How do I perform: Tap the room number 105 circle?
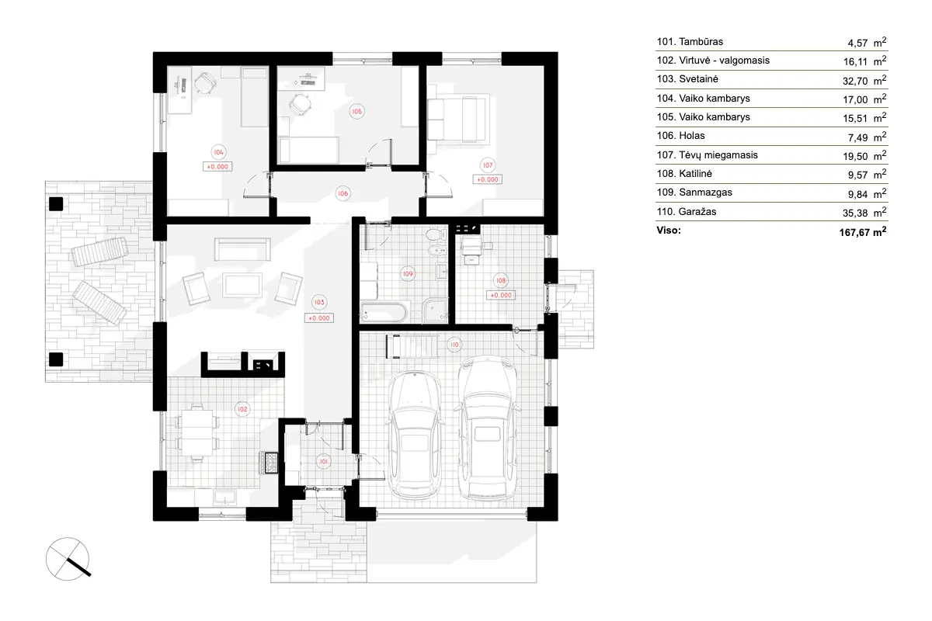click(x=356, y=111)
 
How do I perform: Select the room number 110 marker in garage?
click(x=453, y=345)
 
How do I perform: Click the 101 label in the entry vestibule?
click(x=324, y=461)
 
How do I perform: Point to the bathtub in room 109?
click(x=382, y=314)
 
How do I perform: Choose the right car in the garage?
click(x=488, y=428)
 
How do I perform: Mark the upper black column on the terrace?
click(x=55, y=204)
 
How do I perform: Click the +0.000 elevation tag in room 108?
click(x=501, y=295)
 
